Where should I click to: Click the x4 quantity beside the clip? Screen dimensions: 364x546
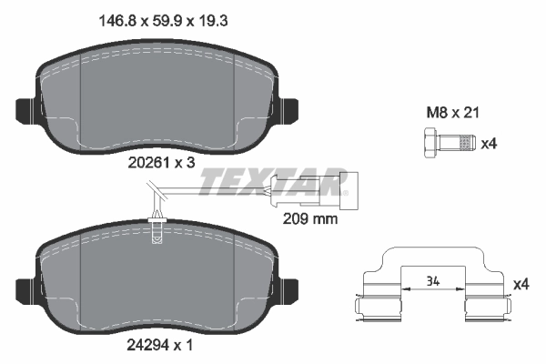tap(521, 285)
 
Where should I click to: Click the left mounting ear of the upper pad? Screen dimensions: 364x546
tap(27, 109)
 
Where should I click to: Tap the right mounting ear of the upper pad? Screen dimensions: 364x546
tap(290, 109)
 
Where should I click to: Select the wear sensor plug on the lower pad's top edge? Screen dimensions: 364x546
tap(158, 230)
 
